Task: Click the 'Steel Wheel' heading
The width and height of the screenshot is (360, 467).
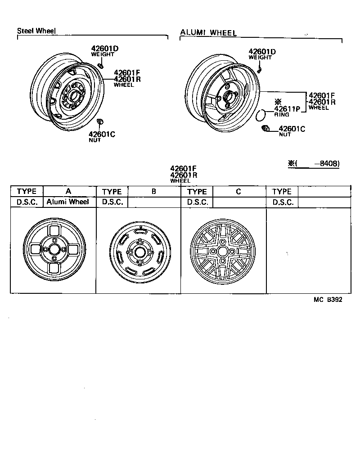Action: (x=36, y=31)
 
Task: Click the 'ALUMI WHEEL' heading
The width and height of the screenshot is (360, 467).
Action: (x=208, y=32)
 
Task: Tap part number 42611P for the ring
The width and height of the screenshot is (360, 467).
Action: (x=287, y=108)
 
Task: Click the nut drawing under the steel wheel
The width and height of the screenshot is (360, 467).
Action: (x=100, y=122)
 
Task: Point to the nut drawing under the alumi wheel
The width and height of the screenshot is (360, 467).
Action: (x=265, y=129)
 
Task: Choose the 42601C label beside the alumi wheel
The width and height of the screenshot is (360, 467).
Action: (x=292, y=129)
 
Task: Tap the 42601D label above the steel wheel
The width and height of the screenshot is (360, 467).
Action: (x=105, y=48)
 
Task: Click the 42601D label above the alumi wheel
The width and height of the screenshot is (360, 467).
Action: (x=262, y=52)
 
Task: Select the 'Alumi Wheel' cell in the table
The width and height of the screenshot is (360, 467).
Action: (x=68, y=202)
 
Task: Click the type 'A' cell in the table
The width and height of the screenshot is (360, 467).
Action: (x=69, y=191)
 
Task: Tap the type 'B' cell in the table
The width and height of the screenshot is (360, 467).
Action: (x=154, y=191)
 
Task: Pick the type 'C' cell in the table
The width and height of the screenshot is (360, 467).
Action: (x=238, y=191)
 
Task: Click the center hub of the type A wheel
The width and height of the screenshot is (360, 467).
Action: (x=54, y=249)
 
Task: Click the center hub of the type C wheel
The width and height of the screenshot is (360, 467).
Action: (x=222, y=251)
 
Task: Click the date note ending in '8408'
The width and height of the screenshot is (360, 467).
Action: (x=314, y=163)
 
